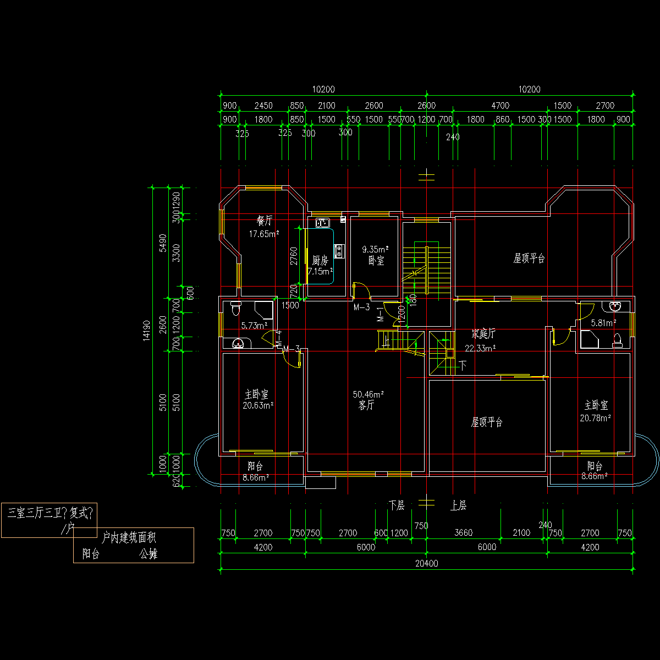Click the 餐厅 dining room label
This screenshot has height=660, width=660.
tap(265, 221)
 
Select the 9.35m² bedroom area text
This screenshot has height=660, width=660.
tap(376, 250)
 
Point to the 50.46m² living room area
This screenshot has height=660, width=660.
tap(368, 394)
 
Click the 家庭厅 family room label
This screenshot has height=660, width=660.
tap(483, 334)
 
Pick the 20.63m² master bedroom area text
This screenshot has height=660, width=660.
tap(258, 405)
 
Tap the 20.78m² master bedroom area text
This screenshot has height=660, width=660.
tap(596, 418)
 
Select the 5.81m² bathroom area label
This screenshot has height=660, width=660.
tap(603, 323)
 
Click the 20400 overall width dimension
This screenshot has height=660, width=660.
tap(427, 563)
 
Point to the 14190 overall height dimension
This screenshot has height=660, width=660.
tap(146, 330)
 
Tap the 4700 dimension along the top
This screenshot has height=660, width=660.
tap(500, 106)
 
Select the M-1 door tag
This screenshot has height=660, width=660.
tap(380, 315)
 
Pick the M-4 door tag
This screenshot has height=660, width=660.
tap(279, 338)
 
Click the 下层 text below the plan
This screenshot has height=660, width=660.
tap(397, 505)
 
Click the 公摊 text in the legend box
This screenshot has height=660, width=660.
tap(148, 554)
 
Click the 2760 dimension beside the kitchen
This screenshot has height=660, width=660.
tap(294, 257)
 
